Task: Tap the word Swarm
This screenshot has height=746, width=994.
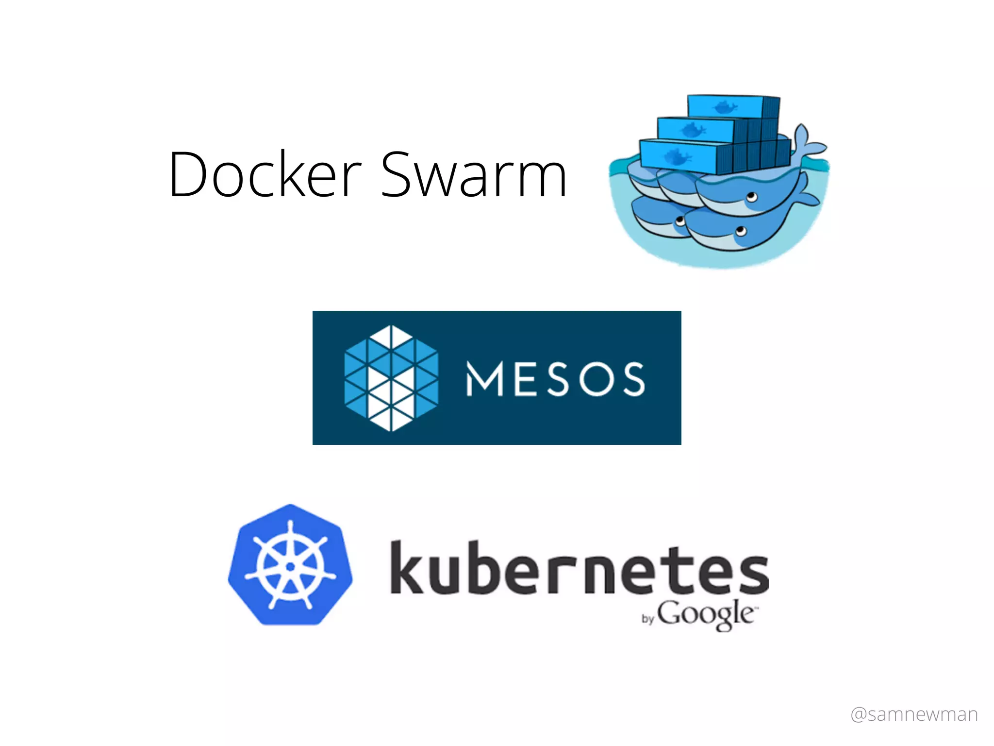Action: click(473, 174)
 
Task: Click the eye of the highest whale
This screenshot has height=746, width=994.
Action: click(752, 197)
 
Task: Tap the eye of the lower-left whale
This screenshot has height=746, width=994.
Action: click(680, 222)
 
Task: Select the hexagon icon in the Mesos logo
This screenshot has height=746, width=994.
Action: click(391, 378)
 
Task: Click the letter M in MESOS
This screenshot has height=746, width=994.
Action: click(484, 379)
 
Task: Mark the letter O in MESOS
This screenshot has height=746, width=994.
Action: click(596, 379)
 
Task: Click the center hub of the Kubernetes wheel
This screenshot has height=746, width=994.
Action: click(290, 566)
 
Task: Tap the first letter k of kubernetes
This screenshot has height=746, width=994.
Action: click(407, 567)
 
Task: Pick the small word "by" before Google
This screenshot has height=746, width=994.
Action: click(648, 619)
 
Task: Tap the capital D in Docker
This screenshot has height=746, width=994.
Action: click(189, 174)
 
